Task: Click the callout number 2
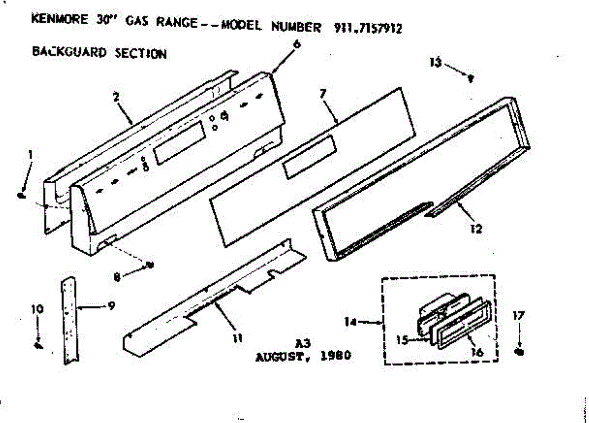coord(116,97)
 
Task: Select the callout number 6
coord(296,44)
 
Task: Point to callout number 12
coord(476,228)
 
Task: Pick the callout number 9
coord(111,306)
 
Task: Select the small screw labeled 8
coord(150,265)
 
